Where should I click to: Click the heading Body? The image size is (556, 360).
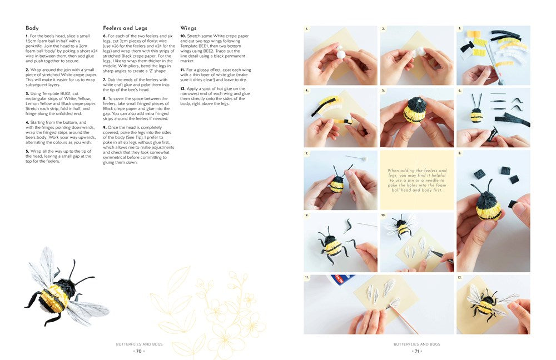32,28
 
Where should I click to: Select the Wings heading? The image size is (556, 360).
189,28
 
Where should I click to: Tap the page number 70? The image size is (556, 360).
138,351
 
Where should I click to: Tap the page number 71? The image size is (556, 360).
416,351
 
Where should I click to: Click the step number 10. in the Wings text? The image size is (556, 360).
183,36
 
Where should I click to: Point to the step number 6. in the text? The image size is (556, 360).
105,36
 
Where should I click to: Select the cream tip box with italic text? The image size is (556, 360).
417,180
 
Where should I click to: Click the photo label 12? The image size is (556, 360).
460,277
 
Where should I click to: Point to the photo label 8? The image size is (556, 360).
459,153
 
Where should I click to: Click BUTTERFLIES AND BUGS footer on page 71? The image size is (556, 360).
416,344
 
